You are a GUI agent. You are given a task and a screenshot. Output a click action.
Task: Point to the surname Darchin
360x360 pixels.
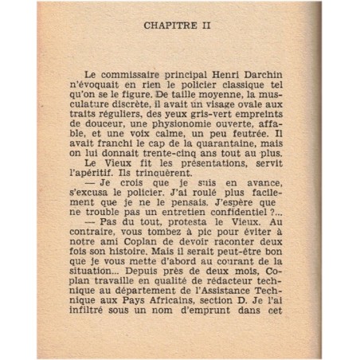(x=260, y=71)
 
